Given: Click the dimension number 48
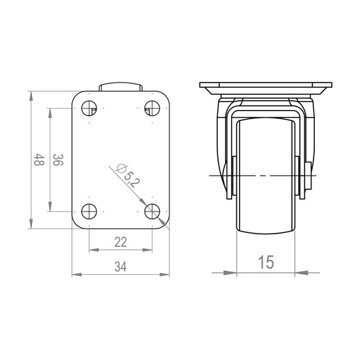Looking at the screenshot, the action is point(39,160).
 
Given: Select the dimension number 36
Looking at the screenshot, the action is point(58,160).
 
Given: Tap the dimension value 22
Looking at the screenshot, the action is point(120,242).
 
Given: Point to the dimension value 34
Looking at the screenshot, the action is point(120,267).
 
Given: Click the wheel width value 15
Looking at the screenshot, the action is point(266,262).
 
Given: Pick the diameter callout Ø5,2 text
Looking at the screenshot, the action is point(128,175).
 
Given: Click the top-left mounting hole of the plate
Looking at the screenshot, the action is point(89,108).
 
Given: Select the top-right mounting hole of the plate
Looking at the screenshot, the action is point(153,108).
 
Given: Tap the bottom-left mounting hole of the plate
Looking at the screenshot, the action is point(89,211).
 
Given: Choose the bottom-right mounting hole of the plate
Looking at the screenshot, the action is point(153,211).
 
